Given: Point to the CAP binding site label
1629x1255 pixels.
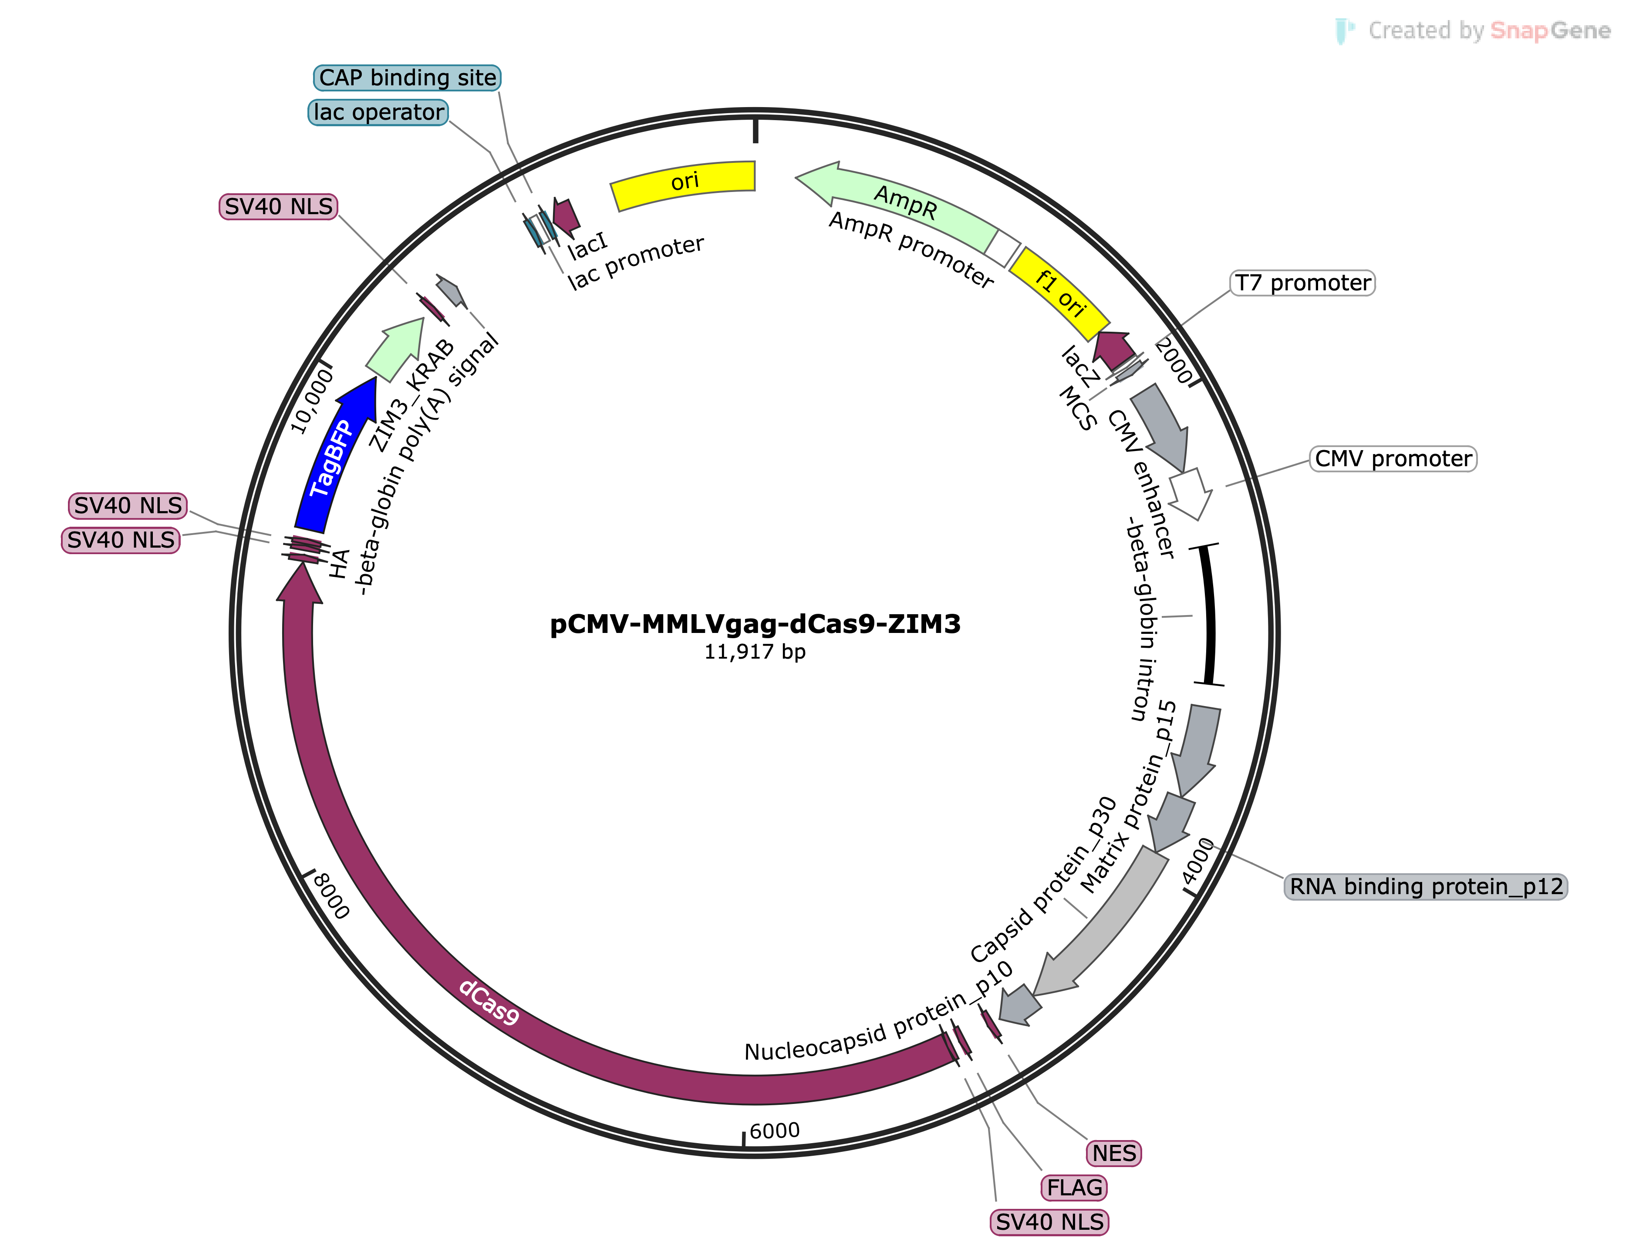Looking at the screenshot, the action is [x=407, y=77].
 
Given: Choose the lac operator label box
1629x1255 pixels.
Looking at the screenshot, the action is [x=378, y=113].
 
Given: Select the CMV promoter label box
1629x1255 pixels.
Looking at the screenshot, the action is [x=1393, y=459].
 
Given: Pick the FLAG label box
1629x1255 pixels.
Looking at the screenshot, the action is [x=1074, y=1188].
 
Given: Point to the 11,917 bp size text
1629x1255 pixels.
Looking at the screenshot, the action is [x=755, y=652].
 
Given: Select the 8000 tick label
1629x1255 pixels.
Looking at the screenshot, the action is [x=331, y=895].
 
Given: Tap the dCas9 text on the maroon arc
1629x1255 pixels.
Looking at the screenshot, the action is [x=489, y=1002].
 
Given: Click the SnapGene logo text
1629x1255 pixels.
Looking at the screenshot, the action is [x=1550, y=30].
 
